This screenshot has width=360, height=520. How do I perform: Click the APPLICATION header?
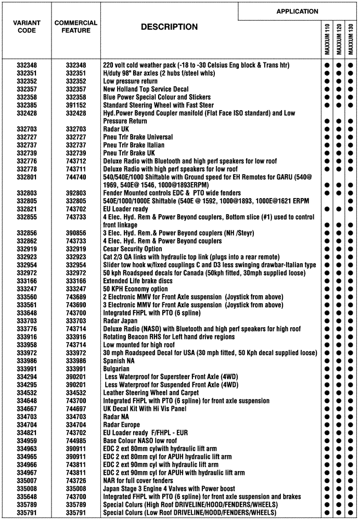pyautogui.click(x=297, y=11)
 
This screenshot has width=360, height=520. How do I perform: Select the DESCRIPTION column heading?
pyautogui.click(x=169, y=27)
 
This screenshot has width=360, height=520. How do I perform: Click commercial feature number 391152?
pyautogui.click(x=76, y=105)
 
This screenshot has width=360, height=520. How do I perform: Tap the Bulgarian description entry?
pyautogui.click(x=117, y=369)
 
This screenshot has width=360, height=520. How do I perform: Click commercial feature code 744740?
pyautogui.click(x=76, y=177)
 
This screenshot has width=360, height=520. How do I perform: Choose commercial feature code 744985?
pyautogui.click(x=76, y=441)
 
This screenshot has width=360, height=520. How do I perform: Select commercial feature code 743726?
pyautogui.click(x=76, y=481)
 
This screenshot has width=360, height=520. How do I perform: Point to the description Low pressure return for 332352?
pyautogui.click(x=130, y=82)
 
